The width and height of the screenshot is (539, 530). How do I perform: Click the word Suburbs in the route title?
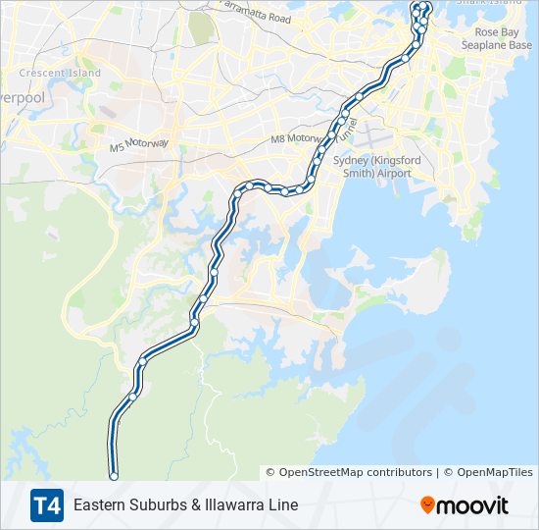click(156, 505)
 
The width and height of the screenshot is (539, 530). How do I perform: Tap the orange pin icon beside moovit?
click(427, 505)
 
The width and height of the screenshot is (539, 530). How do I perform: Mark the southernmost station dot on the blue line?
click(114, 476)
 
